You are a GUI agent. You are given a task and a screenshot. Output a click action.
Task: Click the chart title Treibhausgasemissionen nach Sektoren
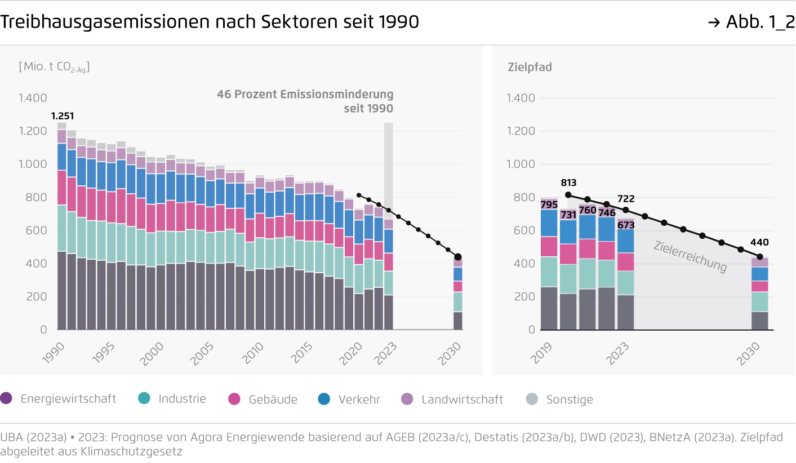pos(210,22)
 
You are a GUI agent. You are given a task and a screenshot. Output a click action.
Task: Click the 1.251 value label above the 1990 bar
pos(62,116)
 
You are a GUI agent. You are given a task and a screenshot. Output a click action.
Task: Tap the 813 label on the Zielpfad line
pos(569,182)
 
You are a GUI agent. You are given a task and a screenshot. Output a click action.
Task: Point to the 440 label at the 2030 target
pos(759,243)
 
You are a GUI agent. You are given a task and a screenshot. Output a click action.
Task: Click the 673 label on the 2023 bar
pos(625,225)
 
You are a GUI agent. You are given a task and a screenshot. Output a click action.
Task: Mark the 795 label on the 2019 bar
pos(549,204)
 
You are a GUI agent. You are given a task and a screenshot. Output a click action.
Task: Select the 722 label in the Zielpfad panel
pos(625,199)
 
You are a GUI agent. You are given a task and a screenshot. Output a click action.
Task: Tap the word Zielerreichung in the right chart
pos(690,256)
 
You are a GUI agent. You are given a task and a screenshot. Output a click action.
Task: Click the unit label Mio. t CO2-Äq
pos(54,67)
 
